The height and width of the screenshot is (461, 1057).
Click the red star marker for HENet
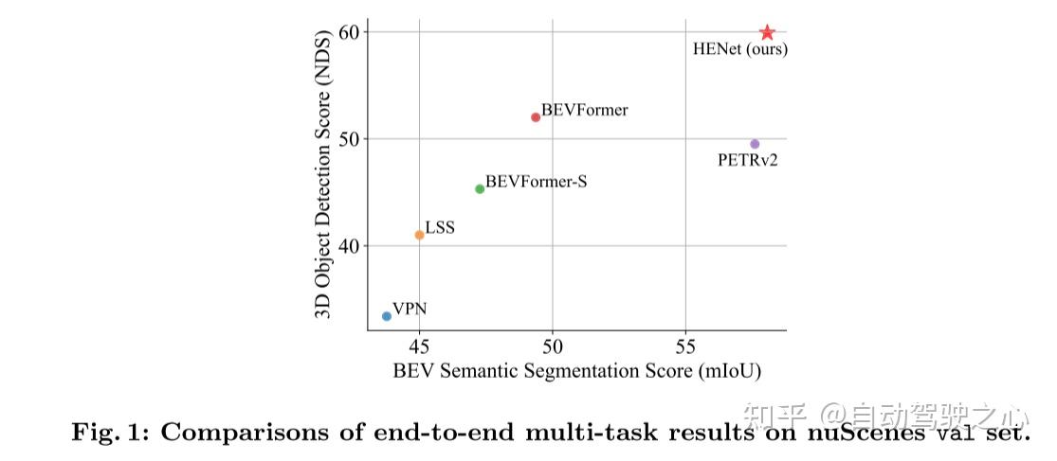(767, 32)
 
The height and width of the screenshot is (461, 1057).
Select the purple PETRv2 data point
(755, 144)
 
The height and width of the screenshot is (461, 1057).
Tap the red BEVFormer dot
(536, 117)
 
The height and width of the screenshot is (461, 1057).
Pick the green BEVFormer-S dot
(480, 189)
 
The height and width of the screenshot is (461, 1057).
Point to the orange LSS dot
(419, 235)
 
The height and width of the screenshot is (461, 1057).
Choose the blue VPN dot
(386, 316)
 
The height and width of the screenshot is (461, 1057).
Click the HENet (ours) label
(740, 50)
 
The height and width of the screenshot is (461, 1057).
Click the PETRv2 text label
(748, 162)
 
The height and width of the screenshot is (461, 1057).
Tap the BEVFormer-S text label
(537, 182)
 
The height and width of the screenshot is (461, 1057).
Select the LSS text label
(440, 227)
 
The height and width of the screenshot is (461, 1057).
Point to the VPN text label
(410, 309)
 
